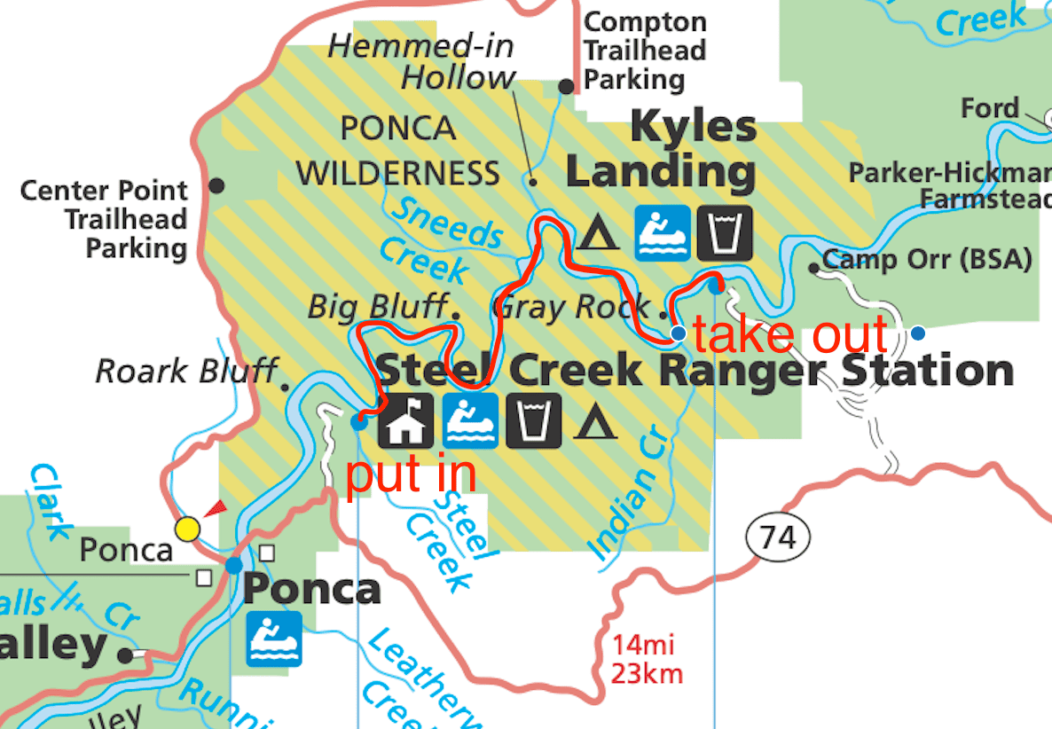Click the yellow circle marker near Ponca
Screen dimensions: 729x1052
[x=187, y=529]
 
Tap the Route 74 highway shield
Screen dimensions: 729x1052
[x=778, y=537]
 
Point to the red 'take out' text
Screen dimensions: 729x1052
[x=789, y=334]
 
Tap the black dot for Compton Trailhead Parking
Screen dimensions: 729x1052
[x=565, y=86]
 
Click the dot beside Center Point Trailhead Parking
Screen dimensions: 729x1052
[x=216, y=186]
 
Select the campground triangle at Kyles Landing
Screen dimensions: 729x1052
[x=599, y=234]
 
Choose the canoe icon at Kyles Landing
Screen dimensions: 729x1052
[x=662, y=232]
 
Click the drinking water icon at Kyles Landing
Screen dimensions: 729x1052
[x=724, y=232]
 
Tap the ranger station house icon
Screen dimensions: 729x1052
[x=406, y=419]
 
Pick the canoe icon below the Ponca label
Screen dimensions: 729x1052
[x=274, y=639]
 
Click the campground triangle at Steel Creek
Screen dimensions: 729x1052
[x=596, y=421]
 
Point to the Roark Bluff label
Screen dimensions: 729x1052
[x=186, y=370]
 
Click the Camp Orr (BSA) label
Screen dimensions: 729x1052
[x=927, y=260]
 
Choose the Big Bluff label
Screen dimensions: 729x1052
[x=376, y=307]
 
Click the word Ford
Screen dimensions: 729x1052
[x=990, y=109]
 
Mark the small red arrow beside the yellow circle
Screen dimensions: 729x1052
[x=215, y=508]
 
